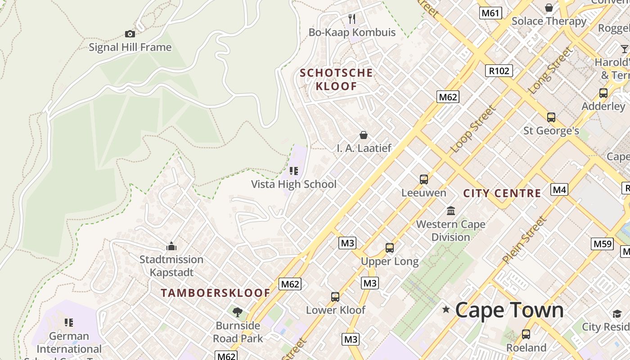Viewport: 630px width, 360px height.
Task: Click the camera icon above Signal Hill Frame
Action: pyautogui.click(x=130, y=34)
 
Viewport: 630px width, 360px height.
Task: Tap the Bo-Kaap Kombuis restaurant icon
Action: pyautogui.click(x=352, y=19)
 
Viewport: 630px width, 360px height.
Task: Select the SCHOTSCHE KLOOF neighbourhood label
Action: pyautogui.click(x=336, y=79)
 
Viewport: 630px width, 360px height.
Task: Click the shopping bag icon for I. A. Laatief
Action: pyautogui.click(x=364, y=135)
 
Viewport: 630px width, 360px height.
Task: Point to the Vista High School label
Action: pyautogui.click(x=293, y=184)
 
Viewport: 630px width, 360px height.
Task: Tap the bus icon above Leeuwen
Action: pyautogui.click(x=423, y=180)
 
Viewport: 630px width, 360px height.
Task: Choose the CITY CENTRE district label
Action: pyautogui.click(x=502, y=193)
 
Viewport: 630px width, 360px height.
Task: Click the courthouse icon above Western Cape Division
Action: pyautogui.click(x=450, y=211)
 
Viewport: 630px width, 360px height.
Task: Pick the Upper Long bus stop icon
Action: pyautogui.click(x=390, y=248)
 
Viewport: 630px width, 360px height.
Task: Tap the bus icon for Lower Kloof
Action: pyautogui.click(x=335, y=297)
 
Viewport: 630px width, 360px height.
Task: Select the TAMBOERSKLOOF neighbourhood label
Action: pyautogui.click(x=216, y=293)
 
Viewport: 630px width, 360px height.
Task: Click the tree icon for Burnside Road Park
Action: pyautogui.click(x=237, y=312)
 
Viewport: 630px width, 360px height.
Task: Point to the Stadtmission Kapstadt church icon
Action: pyautogui.click(x=171, y=246)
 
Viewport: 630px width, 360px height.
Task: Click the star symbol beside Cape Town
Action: pyautogui.click(x=446, y=310)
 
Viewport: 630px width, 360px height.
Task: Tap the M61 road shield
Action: pyautogui.click(x=490, y=13)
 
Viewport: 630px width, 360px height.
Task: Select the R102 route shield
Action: pyautogui.click(x=499, y=71)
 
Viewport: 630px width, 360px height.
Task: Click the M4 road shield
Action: pyautogui.click(x=559, y=189)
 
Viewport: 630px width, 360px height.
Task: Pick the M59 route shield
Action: pyautogui.click(x=602, y=244)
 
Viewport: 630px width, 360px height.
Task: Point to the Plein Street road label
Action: pyautogui.click(x=525, y=240)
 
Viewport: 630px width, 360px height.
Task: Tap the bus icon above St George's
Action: pyautogui.click(x=551, y=117)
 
